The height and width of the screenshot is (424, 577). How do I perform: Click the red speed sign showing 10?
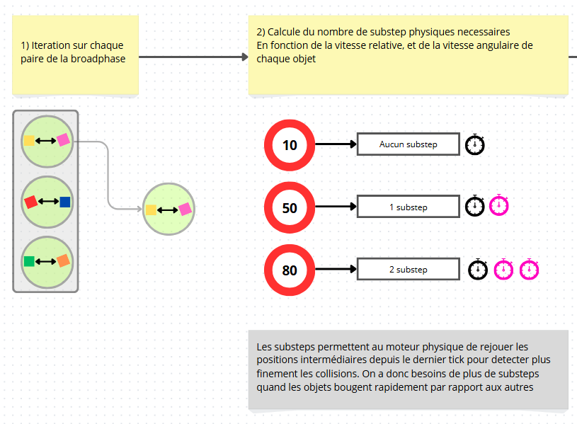pos(290,146)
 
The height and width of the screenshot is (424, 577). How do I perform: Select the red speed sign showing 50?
pos(290,208)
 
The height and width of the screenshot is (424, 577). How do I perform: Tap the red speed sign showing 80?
pos(290,270)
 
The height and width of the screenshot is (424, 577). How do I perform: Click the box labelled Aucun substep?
pos(408,144)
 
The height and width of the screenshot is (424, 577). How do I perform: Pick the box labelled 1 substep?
pos(408,207)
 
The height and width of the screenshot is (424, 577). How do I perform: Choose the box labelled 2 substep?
pos(408,270)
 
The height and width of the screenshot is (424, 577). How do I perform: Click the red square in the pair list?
pos(30,202)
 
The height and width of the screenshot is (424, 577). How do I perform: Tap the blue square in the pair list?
pos(65,202)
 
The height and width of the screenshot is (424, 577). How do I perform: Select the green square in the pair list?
pos(29,261)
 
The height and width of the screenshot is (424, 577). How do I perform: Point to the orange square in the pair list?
pos(63,261)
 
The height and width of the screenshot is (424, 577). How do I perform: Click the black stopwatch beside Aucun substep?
pos(475,144)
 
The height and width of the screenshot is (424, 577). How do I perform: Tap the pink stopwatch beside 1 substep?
pos(499,205)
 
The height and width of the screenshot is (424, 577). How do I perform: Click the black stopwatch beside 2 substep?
pos(479,269)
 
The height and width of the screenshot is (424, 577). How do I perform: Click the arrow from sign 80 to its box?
pos(335,270)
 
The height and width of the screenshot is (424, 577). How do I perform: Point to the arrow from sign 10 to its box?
pos(335,144)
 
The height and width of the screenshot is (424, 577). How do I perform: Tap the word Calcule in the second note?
pos(285,32)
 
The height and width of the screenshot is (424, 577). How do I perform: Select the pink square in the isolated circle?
pos(185,209)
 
